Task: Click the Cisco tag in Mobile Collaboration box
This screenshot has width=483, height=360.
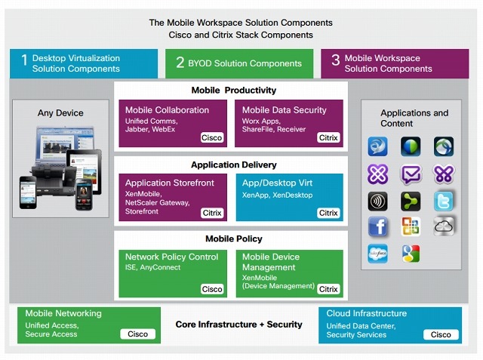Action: (212, 138)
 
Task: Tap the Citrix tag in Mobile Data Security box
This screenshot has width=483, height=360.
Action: (328, 138)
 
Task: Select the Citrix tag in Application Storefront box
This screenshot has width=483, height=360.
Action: (212, 213)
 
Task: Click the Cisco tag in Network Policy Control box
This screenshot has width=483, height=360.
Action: (212, 288)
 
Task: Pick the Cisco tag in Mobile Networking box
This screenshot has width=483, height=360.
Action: (137, 334)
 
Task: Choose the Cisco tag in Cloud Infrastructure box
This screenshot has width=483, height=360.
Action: (441, 334)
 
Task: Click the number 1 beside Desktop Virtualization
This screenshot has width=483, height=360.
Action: (23, 63)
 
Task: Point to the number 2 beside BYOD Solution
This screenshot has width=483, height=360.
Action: (180, 63)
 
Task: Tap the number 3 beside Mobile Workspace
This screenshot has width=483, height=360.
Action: (335, 63)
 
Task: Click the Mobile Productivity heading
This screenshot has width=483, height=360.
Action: (233, 91)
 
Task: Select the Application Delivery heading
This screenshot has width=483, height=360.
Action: (233, 165)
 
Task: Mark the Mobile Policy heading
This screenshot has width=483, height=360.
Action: (233, 239)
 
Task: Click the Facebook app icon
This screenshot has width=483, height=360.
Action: (377, 226)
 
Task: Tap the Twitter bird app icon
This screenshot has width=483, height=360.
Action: (444, 201)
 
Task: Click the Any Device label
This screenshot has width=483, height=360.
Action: (60, 113)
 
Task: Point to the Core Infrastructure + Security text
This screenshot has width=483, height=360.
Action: (238, 325)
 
